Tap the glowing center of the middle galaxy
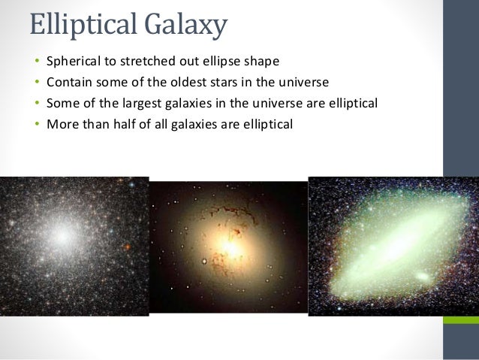point(231,244)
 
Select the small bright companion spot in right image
point(422,277)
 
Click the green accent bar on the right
point(460,319)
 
